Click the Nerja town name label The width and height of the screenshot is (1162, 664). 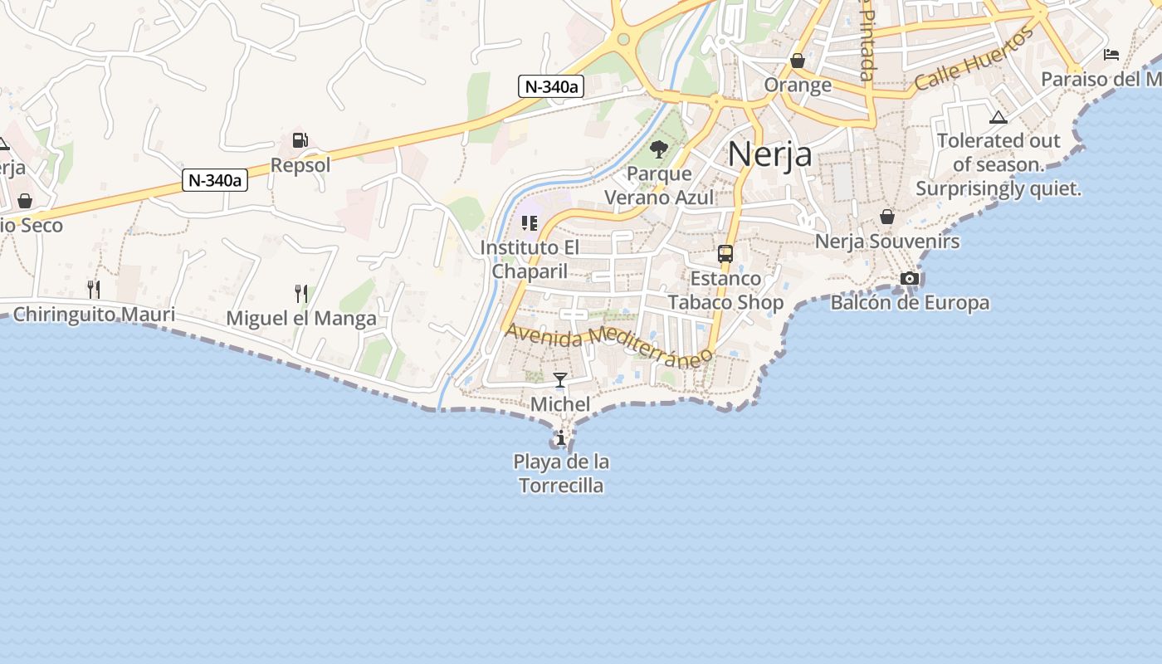tap(769, 154)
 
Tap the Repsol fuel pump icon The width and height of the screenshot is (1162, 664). tap(300, 141)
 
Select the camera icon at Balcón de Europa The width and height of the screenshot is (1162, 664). tap(910, 278)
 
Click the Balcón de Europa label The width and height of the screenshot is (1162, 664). tap(910, 302)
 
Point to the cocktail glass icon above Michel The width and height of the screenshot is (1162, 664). tap(560, 380)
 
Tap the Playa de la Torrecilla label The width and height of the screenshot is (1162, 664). tap(561, 473)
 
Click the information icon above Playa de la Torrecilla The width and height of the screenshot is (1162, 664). tap(561, 437)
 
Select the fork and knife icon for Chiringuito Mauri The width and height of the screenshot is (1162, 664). tap(94, 289)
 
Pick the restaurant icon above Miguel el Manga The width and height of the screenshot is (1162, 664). tap(301, 292)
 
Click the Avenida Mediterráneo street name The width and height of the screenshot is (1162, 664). tap(609, 343)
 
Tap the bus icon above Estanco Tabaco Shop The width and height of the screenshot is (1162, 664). tap(725, 254)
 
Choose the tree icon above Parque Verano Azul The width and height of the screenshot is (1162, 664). tap(659, 149)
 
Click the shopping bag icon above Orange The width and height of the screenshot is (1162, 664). tap(798, 61)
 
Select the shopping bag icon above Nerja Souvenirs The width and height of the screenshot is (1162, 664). tap(887, 217)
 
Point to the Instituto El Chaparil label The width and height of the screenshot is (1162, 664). tap(530, 259)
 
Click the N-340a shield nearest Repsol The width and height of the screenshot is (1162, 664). tap(215, 179)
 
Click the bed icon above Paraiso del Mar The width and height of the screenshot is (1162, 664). tap(1111, 55)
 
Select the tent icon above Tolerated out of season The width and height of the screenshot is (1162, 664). tap(998, 117)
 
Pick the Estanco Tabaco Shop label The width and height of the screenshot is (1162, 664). tap(725, 290)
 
